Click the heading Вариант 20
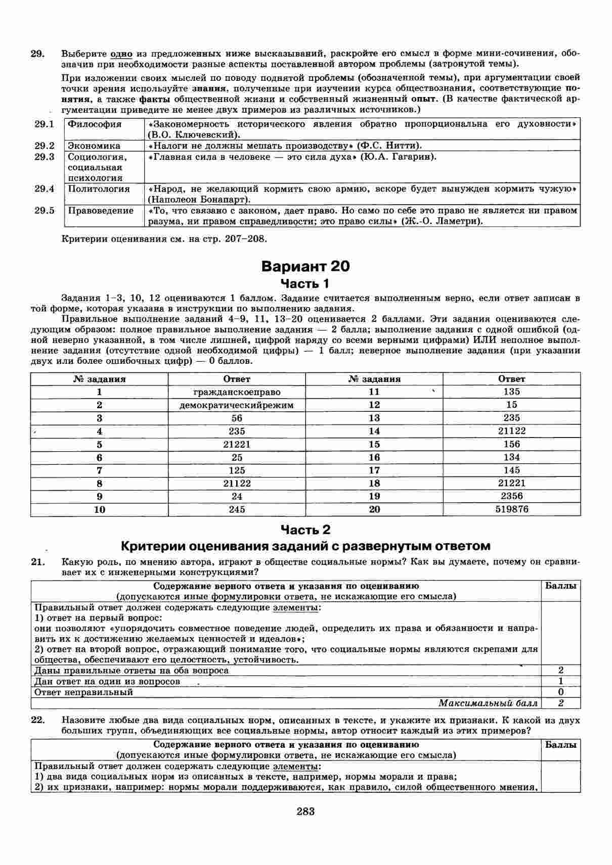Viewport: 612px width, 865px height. pyautogui.click(x=305, y=266)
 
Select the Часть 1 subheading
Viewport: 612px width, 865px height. pyautogui.click(x=305, y=283)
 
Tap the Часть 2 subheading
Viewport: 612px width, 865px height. pyautogui.click(x=305, y=530)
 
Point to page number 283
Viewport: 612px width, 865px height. pyautogui.click(x=305, y=812)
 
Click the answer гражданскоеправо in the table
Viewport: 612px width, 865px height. pyautogui.click(x=237, y=392)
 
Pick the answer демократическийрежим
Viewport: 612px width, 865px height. pyautogui.click(x=237, y=405)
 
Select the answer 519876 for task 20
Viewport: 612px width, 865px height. pyautogui.click(x=511, y=509)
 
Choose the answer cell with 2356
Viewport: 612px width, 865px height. pyautogui.click(x=511, y=496)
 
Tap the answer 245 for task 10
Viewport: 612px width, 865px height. pyautogui.click(x=237, y=509)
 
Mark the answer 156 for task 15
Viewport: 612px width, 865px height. pyautogui.click(x=511, y=444)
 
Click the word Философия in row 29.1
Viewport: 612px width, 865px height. pyautogui.click(x=95, y=124)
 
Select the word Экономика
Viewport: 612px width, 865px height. pyautogui.click(x=94, y=146)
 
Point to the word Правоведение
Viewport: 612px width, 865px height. pyautogui.click(x=101, y=211)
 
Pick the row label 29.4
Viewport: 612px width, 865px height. pyautogui.click(x=45, y=189)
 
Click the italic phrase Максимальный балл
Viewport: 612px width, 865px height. pyautogui.click(x=488, y=703)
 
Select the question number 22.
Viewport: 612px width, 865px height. pyautogui.click(x=38, y=720)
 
